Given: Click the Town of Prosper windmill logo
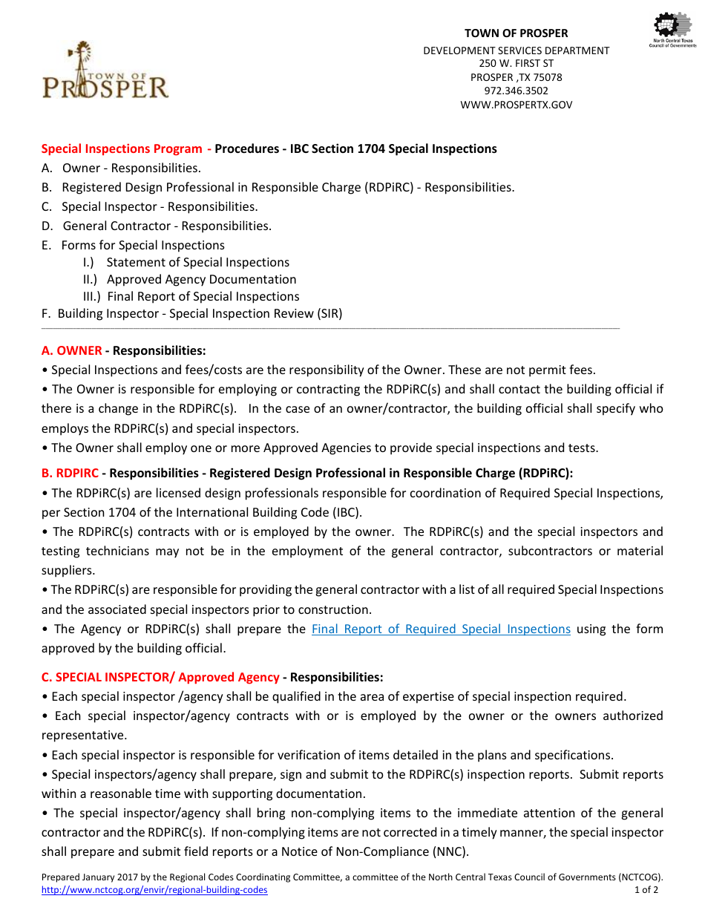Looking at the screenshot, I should (x=105, y=73).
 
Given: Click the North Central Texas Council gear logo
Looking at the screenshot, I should (x=672, y=30).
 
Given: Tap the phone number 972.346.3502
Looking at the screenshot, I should (x=516, y=91).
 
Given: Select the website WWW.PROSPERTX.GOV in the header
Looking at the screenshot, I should (x=516, y=105).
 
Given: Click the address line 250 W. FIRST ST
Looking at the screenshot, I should (x=516, y=64).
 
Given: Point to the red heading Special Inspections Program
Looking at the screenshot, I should (x=122, y=148).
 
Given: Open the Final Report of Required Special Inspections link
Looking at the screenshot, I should (x=441, y=629).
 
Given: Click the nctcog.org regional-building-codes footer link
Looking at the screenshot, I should (x=154, y=890).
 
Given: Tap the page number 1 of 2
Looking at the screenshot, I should (x=646, y=890).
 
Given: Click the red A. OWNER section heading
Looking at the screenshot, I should (x=72, y=350).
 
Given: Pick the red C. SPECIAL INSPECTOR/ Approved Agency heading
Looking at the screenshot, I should (x=160, y=677).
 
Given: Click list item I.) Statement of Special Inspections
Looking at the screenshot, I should (x=186, y=262).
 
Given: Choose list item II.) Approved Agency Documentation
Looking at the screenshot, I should (x=190, y=279).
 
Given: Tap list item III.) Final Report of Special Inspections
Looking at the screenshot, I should (x=191, y=296).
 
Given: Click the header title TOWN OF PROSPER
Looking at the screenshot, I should (x=516, y=33).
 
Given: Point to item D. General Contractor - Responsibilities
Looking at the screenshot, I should (x=157, y=226).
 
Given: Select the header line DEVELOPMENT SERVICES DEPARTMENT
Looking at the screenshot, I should (x=516, y=50).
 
